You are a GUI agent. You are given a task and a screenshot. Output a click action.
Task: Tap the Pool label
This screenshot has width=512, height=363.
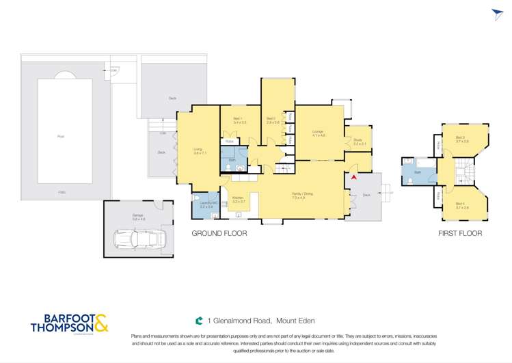pos(61,137)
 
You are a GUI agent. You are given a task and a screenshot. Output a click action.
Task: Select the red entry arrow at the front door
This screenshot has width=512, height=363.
pos(353,177)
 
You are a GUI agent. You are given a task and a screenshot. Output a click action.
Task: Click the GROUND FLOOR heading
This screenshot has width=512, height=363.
pos(219,233)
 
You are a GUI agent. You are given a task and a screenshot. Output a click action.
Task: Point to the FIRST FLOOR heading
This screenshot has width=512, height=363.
pos(460,233)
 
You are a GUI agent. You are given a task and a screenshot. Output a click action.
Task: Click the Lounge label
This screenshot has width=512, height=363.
pos(318,133)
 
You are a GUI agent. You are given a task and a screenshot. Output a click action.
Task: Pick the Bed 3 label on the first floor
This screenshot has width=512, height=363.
pos(461,139)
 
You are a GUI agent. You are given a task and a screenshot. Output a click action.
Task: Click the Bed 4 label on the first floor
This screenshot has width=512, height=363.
pos(461,205)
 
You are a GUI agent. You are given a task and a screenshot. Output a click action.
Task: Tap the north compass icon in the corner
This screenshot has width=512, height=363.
pos(497,14)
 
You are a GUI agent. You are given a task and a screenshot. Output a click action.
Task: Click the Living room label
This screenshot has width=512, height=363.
pos(198,150)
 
